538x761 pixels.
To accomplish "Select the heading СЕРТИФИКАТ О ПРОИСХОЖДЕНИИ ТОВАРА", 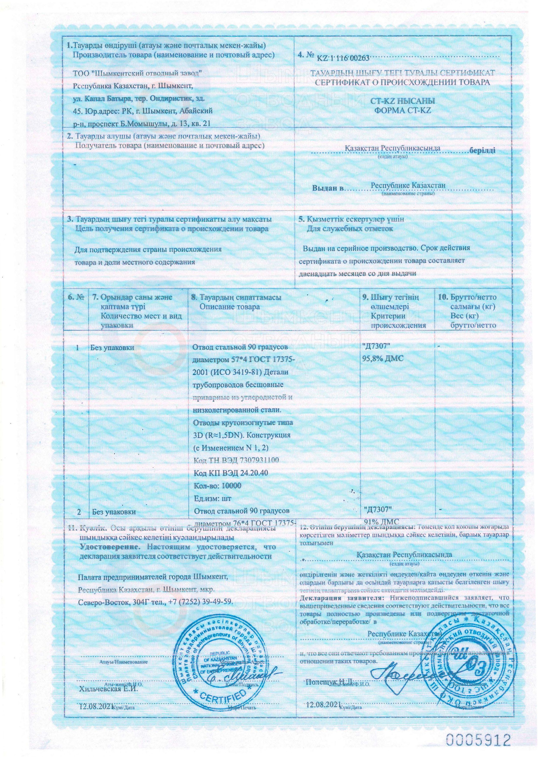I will tap(402, 82).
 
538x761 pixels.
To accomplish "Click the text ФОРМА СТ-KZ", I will tap(403, 110).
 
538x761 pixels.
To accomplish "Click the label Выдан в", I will tap(327, 189).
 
